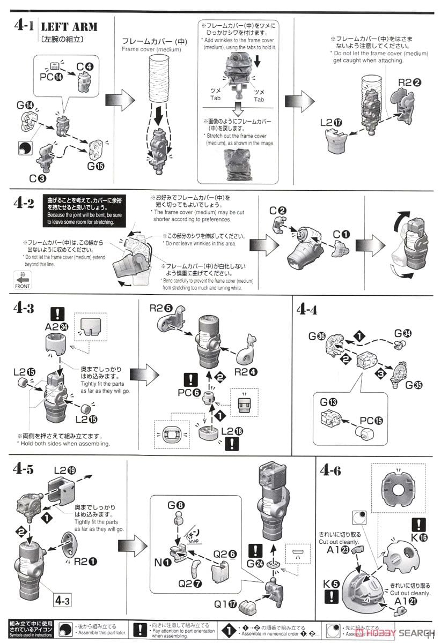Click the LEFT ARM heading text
[x=69, y=26]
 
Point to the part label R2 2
[x=409, y=83]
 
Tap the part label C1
[x=341, y=234]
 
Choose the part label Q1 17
[x=226, y=603]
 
